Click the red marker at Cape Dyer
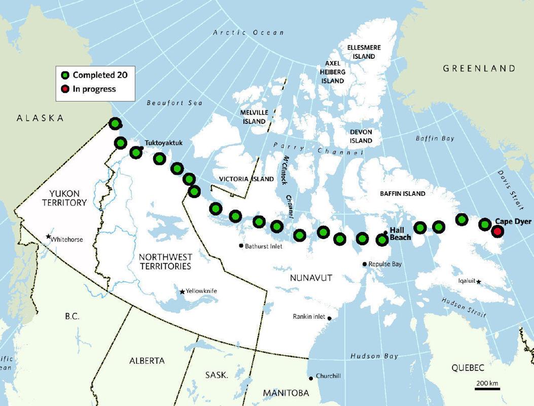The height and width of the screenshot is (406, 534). pos(497,231)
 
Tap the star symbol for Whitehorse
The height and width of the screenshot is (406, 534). pos(48,236)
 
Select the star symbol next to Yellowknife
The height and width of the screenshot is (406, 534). pos(182,292)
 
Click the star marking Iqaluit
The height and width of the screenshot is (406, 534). pos(478,282)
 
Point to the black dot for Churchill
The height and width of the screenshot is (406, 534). pos(311,378)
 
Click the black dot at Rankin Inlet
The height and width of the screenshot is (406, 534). pos(329,318)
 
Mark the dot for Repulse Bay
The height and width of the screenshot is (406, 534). pos(364,264)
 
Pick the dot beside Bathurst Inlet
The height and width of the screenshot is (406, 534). pos(241,246)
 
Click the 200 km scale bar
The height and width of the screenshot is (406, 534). pos(487,389)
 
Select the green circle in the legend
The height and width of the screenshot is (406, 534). pos(65,75)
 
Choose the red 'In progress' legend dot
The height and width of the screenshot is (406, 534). pos(65,89)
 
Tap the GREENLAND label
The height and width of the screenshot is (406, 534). pos(479,68)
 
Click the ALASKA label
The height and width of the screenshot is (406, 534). pos(40,118)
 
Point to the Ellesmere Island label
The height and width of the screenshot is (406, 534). pos(364,52)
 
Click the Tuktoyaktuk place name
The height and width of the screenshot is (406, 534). pos(163,143)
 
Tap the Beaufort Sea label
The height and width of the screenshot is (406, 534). pos(174,103)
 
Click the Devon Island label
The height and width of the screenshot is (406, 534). pos(361,136)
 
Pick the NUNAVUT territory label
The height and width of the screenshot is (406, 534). pos(311,278)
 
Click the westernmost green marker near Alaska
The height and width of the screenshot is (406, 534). pos(115,123)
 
